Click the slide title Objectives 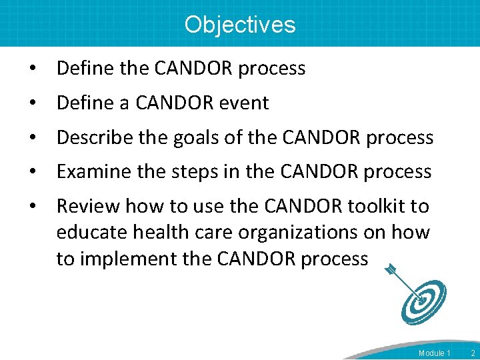pos(239,25)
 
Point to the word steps pos(192,172)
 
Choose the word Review pos(88,206)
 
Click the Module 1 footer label pos(435,353)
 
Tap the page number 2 pos(472,353)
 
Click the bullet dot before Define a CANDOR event pos(31,103)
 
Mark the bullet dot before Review pos(31,207)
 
